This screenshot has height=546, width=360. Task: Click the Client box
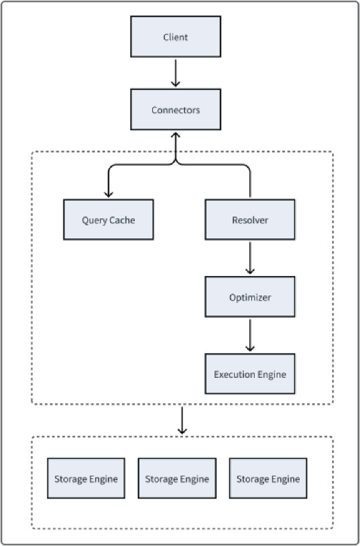(x=176, y=38)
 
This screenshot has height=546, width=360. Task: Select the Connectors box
(x=176, y=110)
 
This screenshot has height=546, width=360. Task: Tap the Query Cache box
(x=108, y=220)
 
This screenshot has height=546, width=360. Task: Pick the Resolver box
(x=250, y=220)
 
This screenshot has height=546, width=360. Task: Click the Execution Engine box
(x=250, y=374)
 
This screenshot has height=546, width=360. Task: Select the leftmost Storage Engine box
(x=86, y=479)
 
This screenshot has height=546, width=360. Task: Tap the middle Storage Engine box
(x=177, y=479)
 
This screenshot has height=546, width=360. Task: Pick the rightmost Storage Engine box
(x=268, y=479)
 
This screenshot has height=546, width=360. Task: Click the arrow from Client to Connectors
(x=176, y=73)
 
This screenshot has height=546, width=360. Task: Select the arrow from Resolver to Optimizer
(x=250, y=257)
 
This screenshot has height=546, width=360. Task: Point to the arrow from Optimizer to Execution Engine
(x=250, y=335)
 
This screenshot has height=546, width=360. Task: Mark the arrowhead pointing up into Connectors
(x=176, y=134)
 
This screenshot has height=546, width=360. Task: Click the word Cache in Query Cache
(x=122, y=220)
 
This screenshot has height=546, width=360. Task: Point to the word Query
(x=95, y=220)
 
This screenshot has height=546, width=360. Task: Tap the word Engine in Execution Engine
(x=272, y=374)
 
